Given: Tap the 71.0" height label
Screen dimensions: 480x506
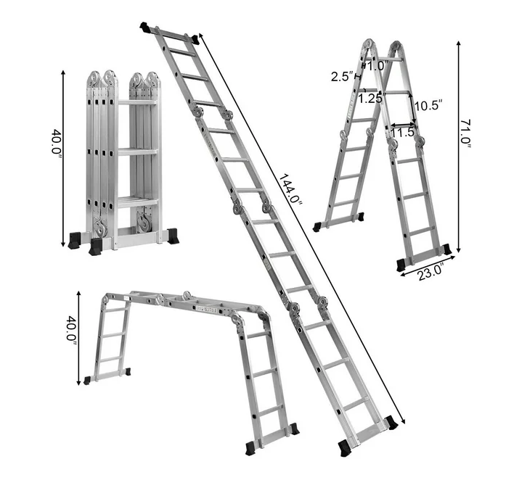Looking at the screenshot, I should [x=465, y=135].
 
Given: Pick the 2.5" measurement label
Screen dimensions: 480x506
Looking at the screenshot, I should [x=341, y=76].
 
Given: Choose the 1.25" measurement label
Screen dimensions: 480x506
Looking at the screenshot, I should [x=370, y=99].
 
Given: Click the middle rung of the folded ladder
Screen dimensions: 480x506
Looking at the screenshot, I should [x=137, y=152].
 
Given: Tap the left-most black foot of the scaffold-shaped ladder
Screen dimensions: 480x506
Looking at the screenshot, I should [x=88, y=380].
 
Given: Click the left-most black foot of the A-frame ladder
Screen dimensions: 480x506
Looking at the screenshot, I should [x=317, y=227].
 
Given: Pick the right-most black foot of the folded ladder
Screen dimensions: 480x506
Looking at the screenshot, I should [x=173, y=236].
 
